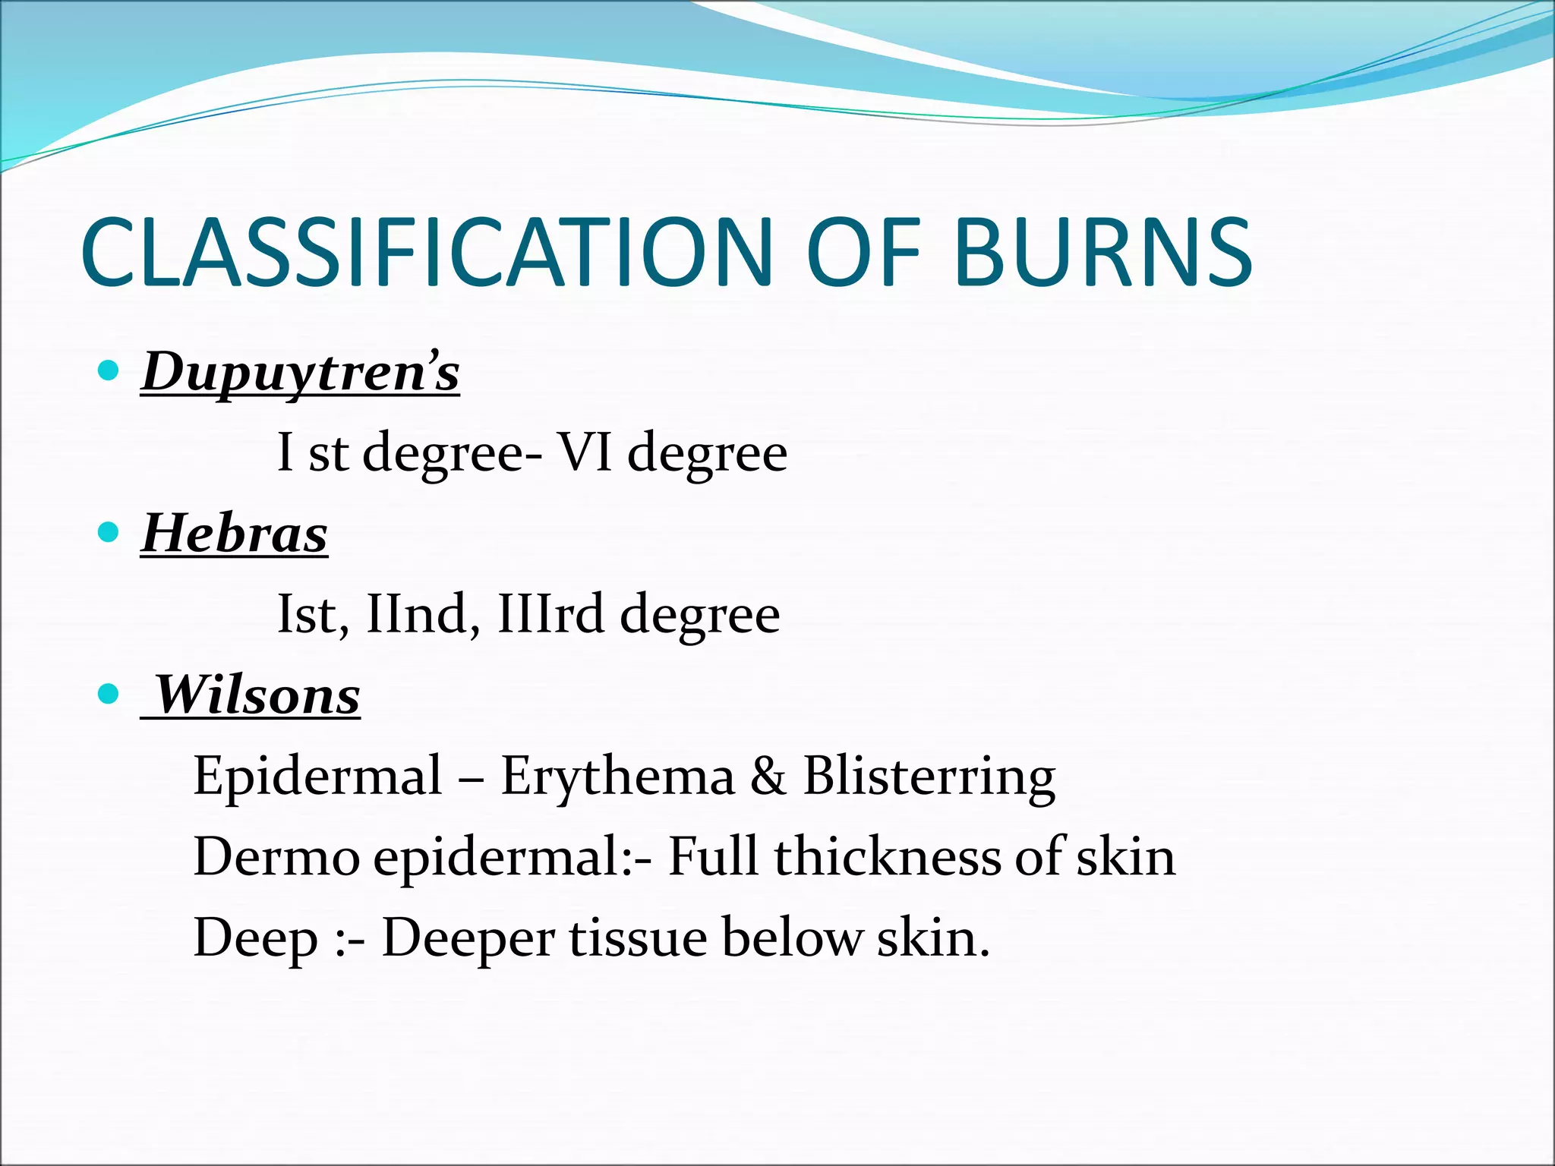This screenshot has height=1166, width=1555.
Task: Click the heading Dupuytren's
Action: click(x=301, y=372)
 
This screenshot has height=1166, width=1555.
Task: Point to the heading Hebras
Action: click(x=235, y=533)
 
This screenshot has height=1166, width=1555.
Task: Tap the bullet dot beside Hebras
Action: click(x=109, y=531)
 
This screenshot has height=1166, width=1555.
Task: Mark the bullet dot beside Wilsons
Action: click(x=109, y=693)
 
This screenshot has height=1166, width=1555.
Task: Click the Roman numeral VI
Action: click(x=585, y=452)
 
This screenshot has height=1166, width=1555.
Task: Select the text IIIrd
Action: click(x=551, y=613)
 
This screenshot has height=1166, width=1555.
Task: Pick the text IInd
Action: click(x=416, y=613)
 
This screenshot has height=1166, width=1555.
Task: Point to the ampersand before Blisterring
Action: click(x=768, y=776)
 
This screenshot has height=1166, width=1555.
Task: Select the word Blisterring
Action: click(x=929, y=776)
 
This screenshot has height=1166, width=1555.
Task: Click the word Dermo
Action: click(x=277, y=856)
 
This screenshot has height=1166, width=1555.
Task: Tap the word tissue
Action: click(x=639, y=938)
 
